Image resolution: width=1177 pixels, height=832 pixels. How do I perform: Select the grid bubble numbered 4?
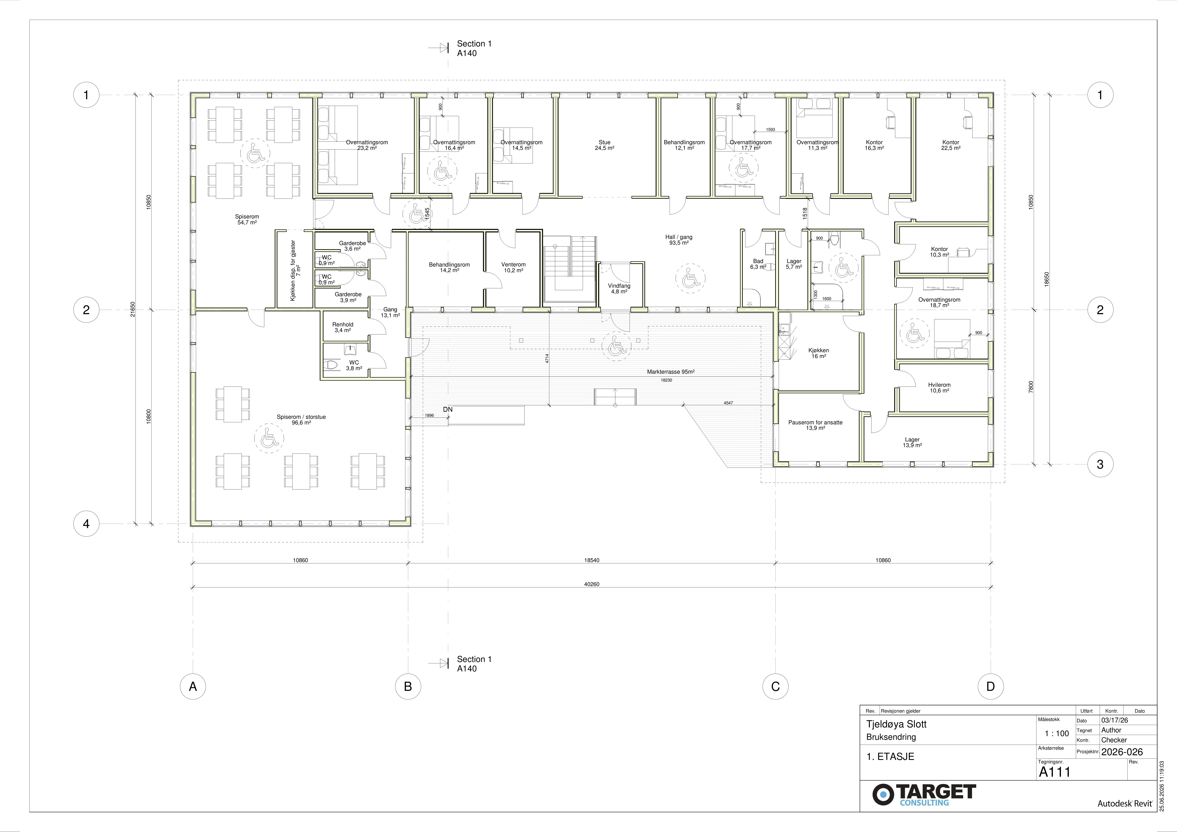coord(86,524)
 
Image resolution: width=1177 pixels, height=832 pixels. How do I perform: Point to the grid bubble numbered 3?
coord(1100,465)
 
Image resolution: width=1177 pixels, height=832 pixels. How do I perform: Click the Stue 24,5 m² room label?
coord(604,145)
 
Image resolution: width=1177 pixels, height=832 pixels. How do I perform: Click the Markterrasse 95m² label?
coord(670,372)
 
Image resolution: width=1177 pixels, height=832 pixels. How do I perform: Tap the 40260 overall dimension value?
coord(592,584)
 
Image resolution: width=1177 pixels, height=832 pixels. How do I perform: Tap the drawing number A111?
coord(1055,771)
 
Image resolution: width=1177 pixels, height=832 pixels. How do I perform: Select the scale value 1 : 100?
coord(1057,734)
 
